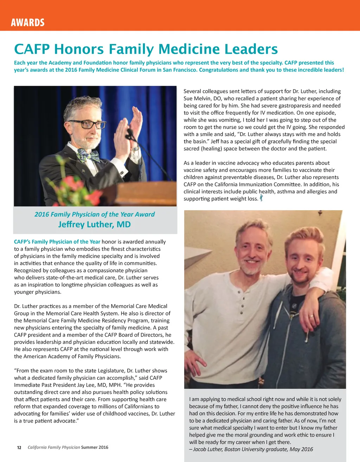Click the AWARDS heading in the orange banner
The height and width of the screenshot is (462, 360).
click(x=28, y=23)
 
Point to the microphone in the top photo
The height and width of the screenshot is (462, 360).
click(x=130, y=134)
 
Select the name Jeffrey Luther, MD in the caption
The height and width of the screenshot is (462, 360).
click(x=94, y=224)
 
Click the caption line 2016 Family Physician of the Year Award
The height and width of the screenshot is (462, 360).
click(x=94, y=214)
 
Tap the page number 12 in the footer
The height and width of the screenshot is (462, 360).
click(x=19, y=448)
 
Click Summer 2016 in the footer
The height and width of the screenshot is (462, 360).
click(x=95, y=447)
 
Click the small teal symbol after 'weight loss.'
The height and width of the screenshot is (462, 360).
click(x=261, y=198)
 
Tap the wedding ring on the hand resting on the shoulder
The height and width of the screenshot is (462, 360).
click(x=311, y=316)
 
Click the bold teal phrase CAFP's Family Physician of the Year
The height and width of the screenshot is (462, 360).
click(x=57, y=242)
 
